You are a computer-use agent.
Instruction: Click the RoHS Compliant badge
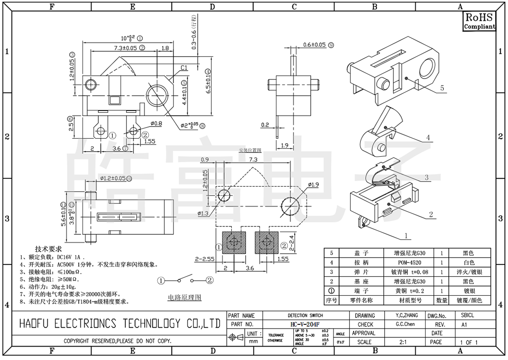pos(479,21)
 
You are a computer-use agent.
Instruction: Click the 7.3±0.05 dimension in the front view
pos(119,48)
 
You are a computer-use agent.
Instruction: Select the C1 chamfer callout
pos(184,68)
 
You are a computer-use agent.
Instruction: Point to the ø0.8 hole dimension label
pos(157,124)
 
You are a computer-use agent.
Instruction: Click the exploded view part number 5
pos(442,88)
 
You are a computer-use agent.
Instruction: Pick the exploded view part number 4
pos(428,137)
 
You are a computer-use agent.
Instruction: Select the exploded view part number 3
pos(427,177)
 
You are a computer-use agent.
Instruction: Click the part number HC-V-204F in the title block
pos(305,324)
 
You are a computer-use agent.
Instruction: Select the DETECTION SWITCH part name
pos(305,315)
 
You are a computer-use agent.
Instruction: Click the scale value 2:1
pos(402,342)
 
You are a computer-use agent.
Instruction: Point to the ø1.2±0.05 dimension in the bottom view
pos(113,178)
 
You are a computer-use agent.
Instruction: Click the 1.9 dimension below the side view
pos(284,146)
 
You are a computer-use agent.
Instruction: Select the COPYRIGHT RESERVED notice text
pos(117,342)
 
